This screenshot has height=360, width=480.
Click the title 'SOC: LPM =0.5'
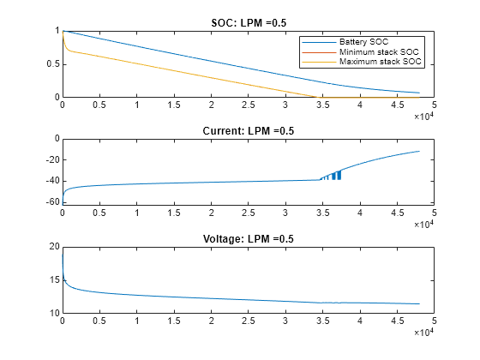click(248, 22)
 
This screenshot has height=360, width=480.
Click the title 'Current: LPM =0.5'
click(248, 130)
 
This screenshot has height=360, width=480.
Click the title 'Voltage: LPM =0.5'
click(248, 238)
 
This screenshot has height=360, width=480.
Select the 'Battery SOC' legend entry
click(363, 42)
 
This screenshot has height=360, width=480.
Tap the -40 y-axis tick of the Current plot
click(50, 181)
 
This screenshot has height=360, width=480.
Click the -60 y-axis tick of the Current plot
click(50, 202)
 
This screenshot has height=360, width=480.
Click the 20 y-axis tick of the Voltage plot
click(52, 247)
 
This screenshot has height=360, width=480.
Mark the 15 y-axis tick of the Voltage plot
click(52, 280)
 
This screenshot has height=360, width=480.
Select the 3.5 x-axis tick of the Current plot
click(322, 213)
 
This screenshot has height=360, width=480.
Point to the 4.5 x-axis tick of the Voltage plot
click(397, 321)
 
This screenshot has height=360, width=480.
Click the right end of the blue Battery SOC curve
click(419, 93)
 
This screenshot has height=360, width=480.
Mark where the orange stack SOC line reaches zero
click(315, 97)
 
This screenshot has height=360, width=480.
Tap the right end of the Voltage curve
click(419, 303)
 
